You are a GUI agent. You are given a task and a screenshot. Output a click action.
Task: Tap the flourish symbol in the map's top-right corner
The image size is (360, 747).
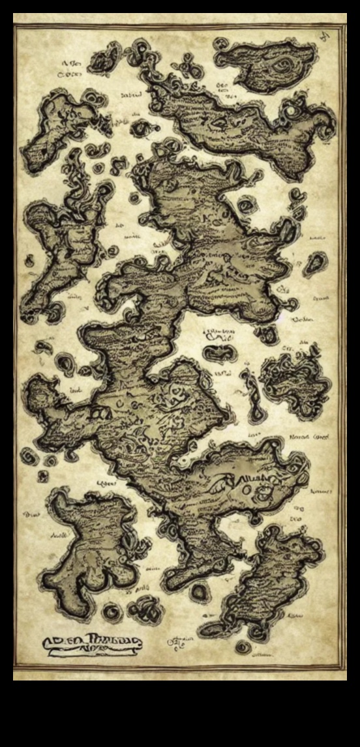pyautogui.click(x=323, y=37)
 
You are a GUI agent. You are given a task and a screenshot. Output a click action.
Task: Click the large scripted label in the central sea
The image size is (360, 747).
pyautogui.click(x=220, y=336)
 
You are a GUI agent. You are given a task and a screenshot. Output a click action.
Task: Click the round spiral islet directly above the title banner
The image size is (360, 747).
pyautogui.click(x=112, y=611)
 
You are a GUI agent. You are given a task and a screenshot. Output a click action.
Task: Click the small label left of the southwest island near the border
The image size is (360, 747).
pyautogui.click(x=31, y=514)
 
